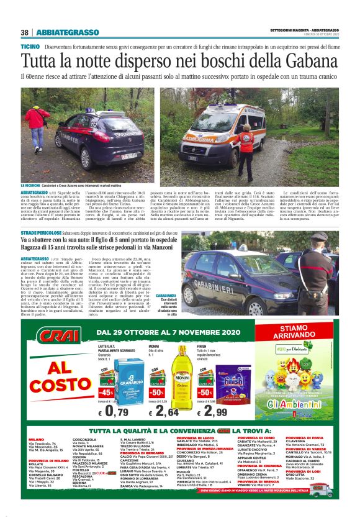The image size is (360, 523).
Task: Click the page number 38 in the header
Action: tap(25, 32)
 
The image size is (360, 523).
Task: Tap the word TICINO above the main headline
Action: tap(30, 47)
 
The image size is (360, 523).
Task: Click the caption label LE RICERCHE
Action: tap(30, 186)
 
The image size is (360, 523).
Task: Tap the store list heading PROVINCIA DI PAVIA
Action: tap(305, 437)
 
